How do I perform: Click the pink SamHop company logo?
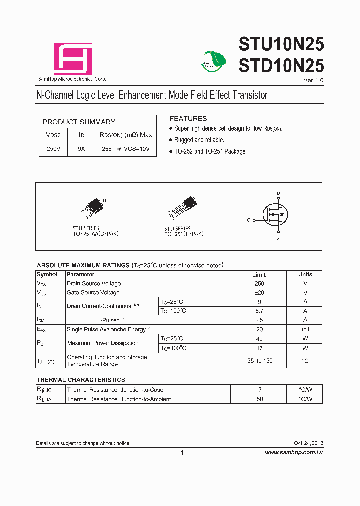tap(73, 59)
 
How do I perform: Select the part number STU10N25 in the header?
tap(281, 45)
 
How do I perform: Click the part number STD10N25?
tap(281, 66)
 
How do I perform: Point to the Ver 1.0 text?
tap(313, 80)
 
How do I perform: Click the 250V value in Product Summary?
tap(53, 149)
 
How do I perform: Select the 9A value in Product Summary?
tap(81, 149)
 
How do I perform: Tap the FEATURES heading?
tap(188, 119)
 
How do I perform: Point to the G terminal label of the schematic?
tap(248, 220)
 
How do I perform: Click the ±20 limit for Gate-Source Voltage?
tap(258, 293)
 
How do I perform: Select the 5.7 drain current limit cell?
tap(258, 311)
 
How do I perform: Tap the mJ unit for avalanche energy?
tap(305, 329)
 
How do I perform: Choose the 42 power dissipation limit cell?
tap(258, 338)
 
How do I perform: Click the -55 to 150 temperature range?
tap(259, 361)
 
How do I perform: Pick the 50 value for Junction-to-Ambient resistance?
tap(258, 399)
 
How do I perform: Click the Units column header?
tap(305, 274)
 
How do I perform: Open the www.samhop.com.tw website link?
tap(294, 452)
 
